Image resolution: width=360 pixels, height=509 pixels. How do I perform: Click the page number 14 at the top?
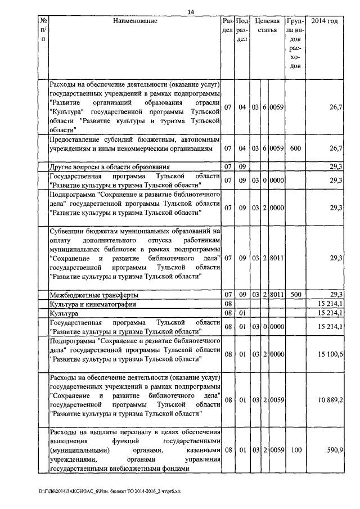coord(191,12)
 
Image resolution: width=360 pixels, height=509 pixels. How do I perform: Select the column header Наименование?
coord(135,21)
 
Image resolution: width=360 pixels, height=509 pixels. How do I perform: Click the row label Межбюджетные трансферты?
coord(94,295)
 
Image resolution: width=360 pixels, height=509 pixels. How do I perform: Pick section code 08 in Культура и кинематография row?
coord(228,304)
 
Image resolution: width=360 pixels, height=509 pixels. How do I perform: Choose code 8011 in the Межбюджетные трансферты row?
coord(277,295)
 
